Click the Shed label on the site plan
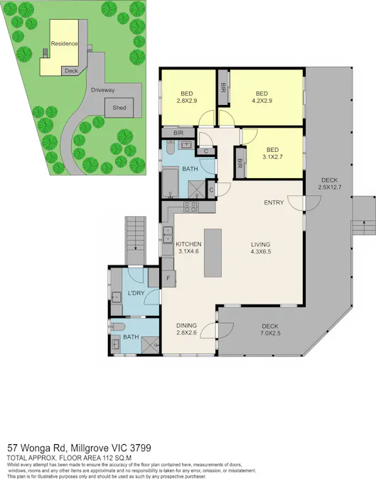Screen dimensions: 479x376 coord(115,108)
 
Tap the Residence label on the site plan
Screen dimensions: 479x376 coord(64,44)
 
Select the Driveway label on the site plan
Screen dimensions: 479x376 coord(103,90)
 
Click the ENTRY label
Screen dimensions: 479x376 coord(274,203)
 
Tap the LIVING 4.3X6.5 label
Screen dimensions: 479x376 coord(261,249)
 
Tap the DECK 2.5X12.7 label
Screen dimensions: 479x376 coord(331,184)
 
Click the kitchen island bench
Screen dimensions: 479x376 coord(213,253)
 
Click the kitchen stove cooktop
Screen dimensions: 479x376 coord(190,207)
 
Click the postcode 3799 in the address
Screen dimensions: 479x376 coord(139,448)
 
